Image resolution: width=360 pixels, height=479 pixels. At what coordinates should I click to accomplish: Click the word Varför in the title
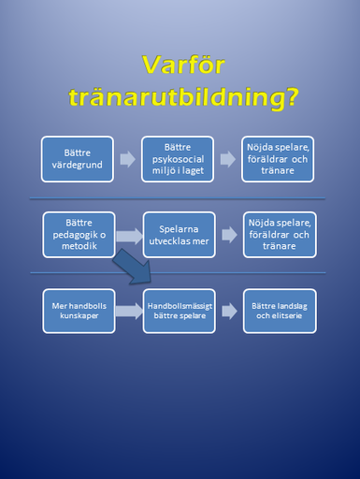pos(183,65)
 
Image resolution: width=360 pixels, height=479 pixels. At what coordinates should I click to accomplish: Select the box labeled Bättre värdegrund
pos(78,159)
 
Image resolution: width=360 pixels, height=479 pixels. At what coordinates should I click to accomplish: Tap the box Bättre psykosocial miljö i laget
pos(178,159)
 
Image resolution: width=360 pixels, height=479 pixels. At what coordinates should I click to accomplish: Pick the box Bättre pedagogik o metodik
pos(79,235)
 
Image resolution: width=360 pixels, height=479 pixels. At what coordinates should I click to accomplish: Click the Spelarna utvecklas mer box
pos(180,235)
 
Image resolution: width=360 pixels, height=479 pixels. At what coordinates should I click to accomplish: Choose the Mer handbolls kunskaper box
pos(79,311)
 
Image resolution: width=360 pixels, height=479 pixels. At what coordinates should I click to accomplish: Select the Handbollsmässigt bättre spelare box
pos(180,311)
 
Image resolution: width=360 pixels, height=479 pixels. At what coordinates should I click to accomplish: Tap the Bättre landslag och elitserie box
pos(280,311)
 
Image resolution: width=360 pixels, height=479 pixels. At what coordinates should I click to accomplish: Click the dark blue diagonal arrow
pos(134,268)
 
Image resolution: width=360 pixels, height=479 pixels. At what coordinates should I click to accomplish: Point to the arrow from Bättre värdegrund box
pos(128,159)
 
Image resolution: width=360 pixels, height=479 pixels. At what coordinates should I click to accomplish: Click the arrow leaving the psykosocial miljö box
pos(228,159)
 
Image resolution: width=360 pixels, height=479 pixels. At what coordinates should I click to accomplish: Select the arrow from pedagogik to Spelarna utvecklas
pos(129,236)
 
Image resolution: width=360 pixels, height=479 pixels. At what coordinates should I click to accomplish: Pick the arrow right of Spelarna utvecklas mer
pos(230,235)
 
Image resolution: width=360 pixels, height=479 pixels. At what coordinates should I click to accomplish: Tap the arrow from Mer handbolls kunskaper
pos(129,311)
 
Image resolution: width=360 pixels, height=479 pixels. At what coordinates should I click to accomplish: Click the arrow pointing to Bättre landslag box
pos(230,311)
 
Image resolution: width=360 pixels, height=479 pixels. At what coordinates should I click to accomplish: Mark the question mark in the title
pos(292,96)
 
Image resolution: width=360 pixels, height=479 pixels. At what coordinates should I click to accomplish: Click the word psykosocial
pos(178,159)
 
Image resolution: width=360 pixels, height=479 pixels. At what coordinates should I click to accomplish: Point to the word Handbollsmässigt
pos(180,306)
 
